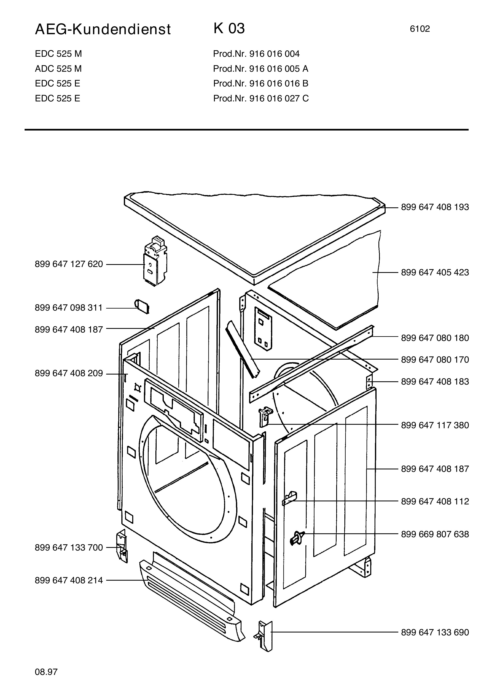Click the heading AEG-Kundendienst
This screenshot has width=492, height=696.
click(x=103, y=30)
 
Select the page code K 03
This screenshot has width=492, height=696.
click(x=229, y=28)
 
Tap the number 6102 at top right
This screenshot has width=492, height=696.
click(x=420, y=29)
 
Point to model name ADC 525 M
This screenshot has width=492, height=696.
click(x=58, y=69)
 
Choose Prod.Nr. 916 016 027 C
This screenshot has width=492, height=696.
click(x=261, y=99)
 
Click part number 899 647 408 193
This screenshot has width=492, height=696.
click(x=435, y=207)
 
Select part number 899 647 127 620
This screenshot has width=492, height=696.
click(x=69, y=264)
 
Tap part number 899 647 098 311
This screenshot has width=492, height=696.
click(x=69, y=308)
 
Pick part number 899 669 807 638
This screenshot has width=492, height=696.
click(x=435, y=534)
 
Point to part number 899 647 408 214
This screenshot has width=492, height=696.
click(x=69, y=580)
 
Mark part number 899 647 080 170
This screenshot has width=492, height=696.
click(x=435, y=360)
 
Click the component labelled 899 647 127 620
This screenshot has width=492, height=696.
click(x=155, y=261)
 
